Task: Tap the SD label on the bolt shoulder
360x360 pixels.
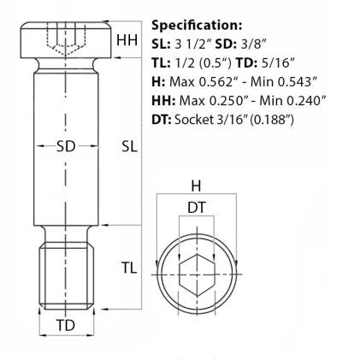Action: tap(66, 146)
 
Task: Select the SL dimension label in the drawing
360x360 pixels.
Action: tap(128, 146)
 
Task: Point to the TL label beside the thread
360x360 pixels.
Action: tap(128, 268)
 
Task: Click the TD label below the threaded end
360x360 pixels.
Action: tap(66, 326)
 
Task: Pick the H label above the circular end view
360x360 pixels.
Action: tap(196, 185)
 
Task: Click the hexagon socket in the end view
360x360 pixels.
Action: tap(196, 269)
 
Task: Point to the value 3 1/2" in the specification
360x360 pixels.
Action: tap(192, 44)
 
